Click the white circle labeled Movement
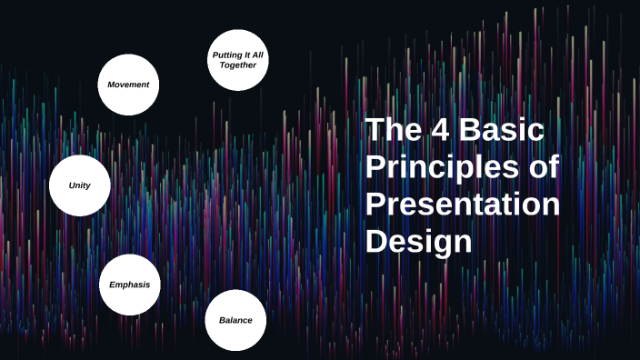coord(128,85)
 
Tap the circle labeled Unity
coord(80,185)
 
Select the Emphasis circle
coord(129,285)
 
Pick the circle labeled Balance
coord(235,320)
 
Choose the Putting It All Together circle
coord(238,60)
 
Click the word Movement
coord(128,85)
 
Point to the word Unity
coord(80,185)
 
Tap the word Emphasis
coord(129,285)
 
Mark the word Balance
coord(235,320)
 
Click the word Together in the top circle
coord(238,65)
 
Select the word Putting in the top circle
coord(227,55)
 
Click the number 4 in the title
coord(438,130)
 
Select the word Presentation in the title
coord(463,205)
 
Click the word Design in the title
coord(419,242)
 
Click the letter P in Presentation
coord(375,205)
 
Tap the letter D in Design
coord(376,242)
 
